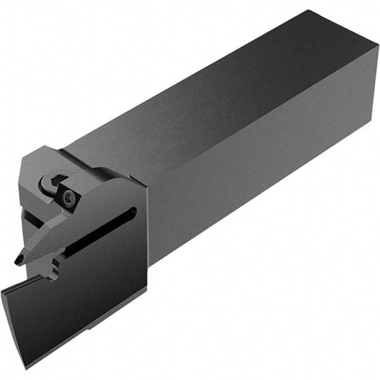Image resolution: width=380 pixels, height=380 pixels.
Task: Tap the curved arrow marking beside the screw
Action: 49,184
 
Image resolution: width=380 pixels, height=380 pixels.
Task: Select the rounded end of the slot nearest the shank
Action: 132,213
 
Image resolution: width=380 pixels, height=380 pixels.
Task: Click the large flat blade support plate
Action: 101,279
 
